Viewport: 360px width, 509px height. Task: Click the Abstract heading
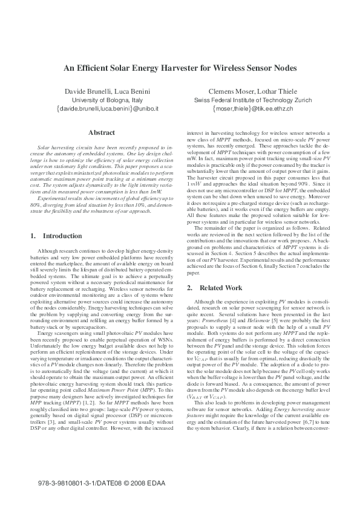[101, 132]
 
